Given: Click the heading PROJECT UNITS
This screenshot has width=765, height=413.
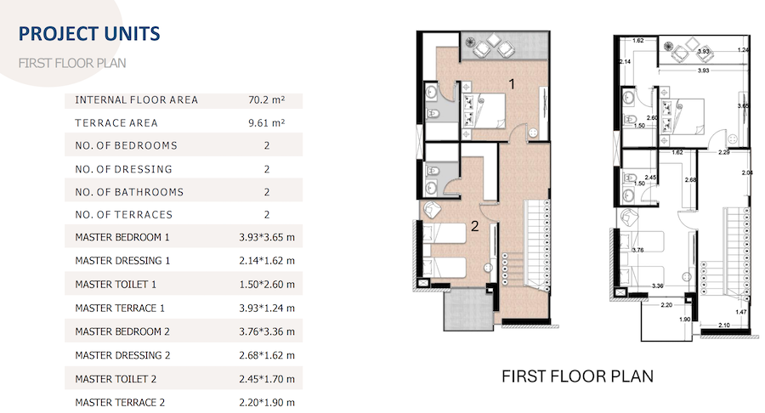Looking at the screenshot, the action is click(89, 34).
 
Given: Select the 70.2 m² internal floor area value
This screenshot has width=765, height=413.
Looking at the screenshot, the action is click(266, 100).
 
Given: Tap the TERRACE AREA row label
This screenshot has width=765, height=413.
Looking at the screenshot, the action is click(116, 123).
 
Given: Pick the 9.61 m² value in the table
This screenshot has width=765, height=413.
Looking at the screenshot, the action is click(266, 123).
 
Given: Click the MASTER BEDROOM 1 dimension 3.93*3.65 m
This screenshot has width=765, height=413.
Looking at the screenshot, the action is click(267, 237).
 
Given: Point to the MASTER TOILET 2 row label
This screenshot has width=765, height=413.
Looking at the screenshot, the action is click(116, 379).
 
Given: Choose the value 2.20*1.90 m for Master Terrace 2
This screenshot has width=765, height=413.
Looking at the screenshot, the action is click(267, 402).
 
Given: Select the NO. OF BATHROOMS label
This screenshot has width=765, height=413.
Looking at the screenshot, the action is click(129, 192).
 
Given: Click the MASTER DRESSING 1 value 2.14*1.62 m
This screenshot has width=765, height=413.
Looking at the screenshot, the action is click(267, 261).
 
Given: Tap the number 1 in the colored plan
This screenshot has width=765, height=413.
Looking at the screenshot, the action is click(512, 84).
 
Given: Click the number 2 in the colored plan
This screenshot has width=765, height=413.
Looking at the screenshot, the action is click(474, 226).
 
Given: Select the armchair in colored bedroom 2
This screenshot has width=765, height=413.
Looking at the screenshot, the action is click(433, 210).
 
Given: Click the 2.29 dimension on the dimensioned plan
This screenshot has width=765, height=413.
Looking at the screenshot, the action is click(723, 153).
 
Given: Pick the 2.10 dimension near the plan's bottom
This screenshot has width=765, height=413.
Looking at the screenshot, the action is click(724, 325).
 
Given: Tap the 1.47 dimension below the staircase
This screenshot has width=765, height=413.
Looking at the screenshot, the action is click(740, 312).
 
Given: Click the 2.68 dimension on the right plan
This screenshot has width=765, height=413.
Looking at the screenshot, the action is click(690, 180).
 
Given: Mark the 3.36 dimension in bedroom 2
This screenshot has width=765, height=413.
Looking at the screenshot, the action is click(658, 286).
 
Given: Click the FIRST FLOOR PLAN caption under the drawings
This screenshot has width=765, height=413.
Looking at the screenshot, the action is click(577, 376).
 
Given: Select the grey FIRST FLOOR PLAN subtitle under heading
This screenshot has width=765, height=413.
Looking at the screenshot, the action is click(72, 64).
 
